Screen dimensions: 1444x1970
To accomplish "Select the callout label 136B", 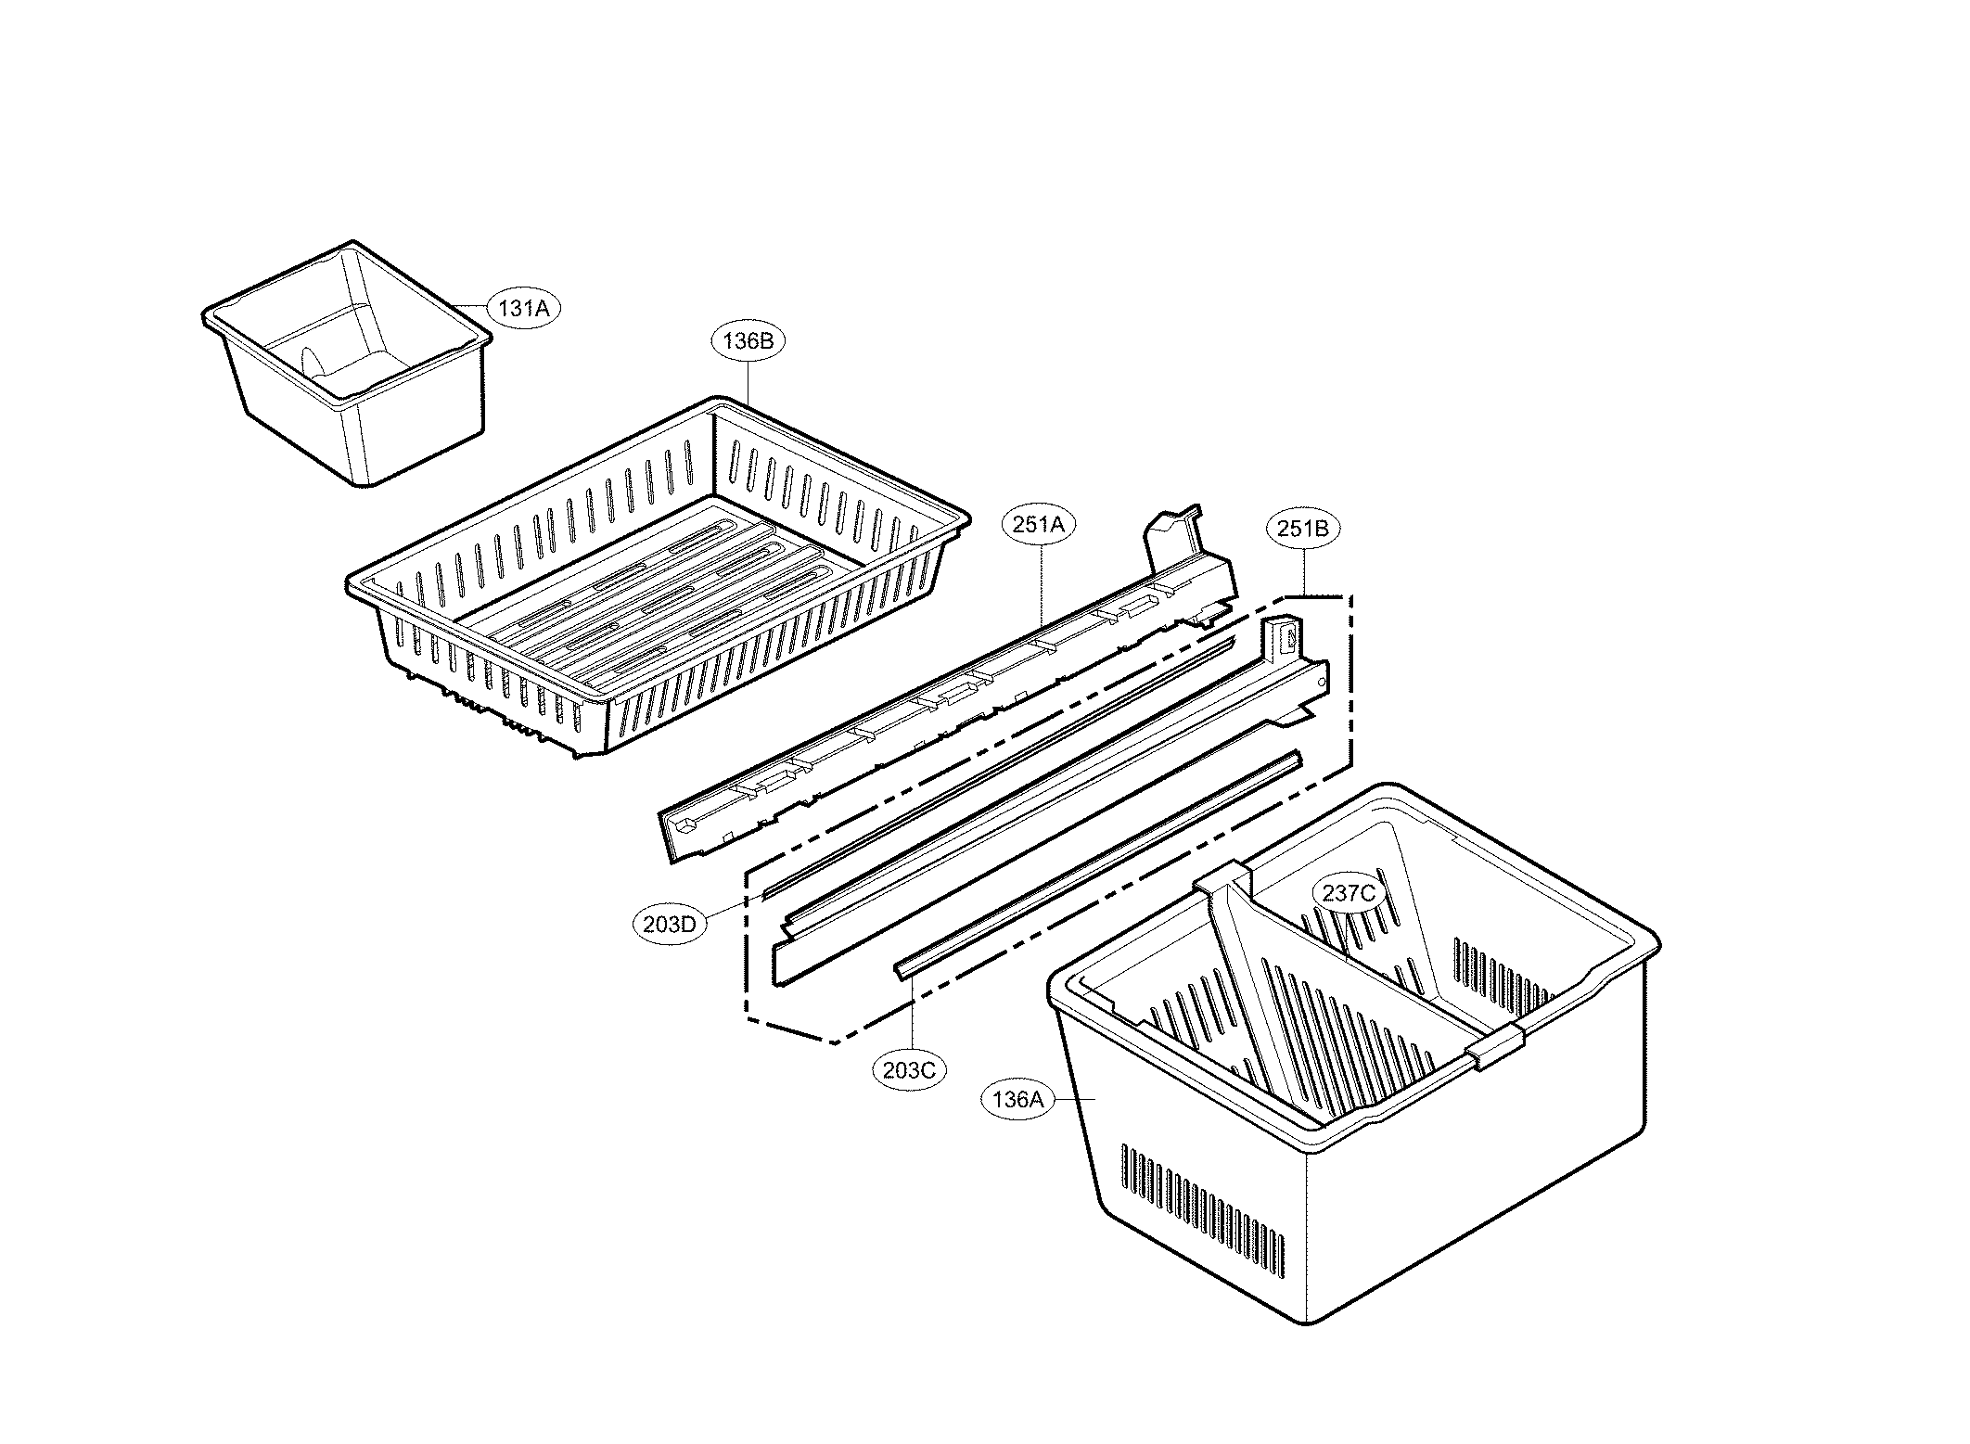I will pos(748,340).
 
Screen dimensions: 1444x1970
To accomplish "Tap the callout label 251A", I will pos(1038,525).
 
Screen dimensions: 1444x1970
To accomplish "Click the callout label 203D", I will pos(670,925).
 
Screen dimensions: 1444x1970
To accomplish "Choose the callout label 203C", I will pos(910,1069).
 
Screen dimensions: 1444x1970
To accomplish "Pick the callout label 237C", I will pos(1349,893).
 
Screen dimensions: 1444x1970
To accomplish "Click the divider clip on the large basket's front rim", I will pos(1493,1046).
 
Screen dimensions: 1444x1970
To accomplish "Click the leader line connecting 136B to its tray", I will pos(748,380).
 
